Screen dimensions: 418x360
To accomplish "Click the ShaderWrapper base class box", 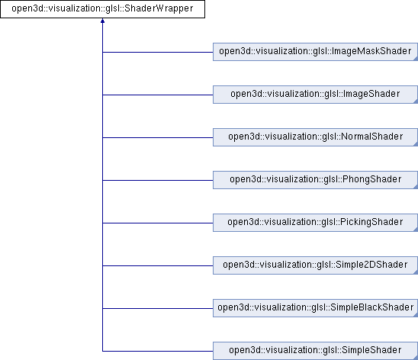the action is (102, 9).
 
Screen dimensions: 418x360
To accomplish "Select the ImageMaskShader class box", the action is (315, 52).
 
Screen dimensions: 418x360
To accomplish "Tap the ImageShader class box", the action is (315, 95).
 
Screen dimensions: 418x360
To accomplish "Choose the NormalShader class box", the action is (315, 137).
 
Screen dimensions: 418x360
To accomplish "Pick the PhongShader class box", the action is (315, 180).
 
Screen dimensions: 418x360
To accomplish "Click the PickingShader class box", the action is (315, 223).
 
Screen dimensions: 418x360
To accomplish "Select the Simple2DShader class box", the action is (315, 265).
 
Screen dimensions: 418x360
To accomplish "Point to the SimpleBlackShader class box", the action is (315, 308).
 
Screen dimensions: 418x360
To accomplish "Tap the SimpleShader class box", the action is (315, 351).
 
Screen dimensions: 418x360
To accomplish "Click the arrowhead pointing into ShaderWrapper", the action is (102, 21).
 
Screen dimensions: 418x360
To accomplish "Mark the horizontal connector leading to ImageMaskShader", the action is (158, 52).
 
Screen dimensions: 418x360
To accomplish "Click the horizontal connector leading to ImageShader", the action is (158, 95).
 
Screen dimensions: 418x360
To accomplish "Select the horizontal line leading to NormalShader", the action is (158, 138).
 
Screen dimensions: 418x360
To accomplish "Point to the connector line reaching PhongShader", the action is (158, 181).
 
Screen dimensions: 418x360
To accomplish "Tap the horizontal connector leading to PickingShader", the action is (158, 223).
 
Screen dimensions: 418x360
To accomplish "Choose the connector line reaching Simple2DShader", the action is (158, 265).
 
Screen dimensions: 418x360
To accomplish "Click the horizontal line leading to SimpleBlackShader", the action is (158, 309).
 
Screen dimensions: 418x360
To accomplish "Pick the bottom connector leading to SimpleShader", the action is (158, 351).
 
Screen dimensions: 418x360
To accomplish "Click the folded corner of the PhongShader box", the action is (416, 188).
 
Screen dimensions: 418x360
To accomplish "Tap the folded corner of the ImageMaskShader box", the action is (416, 59).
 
